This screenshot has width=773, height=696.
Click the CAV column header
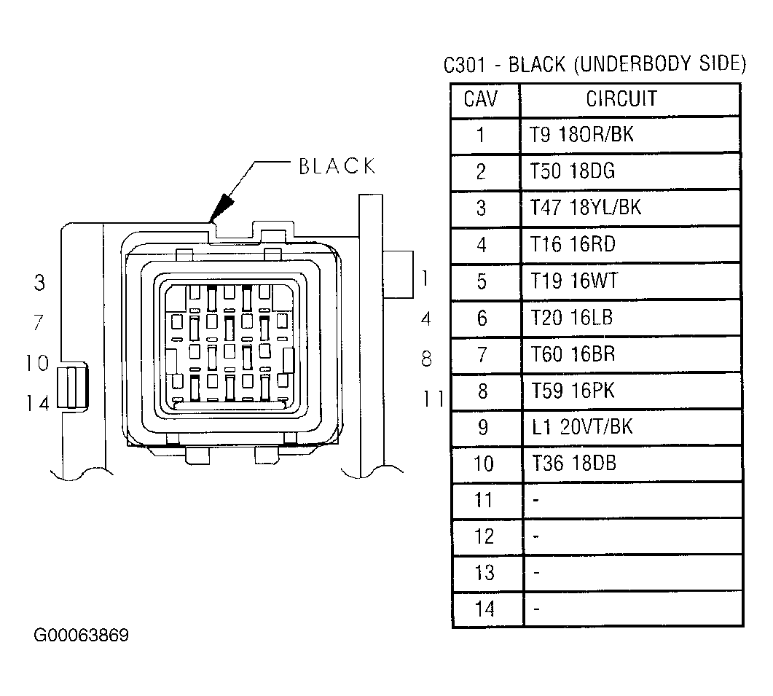(481, 98)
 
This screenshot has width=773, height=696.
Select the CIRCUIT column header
(621, 98)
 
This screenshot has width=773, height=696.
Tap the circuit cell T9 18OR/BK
(581, 135)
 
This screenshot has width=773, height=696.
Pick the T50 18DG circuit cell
(573, 171)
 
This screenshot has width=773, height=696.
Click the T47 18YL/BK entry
(586, 208)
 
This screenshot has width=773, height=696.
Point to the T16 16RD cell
(573, 244)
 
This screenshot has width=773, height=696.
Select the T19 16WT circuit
(574, 281)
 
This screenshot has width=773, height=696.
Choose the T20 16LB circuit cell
(572, 318)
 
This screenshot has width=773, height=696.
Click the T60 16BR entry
(573, 354)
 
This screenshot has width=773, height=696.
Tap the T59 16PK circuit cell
(573, 391)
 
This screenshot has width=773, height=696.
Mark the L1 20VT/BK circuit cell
(582, 427)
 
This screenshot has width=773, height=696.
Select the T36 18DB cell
(574, 464)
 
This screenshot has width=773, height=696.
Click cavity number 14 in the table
(484, 609)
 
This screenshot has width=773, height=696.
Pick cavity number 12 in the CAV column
(484, 536)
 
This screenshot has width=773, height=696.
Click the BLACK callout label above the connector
(337, 167)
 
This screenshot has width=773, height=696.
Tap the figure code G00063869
(82, 636)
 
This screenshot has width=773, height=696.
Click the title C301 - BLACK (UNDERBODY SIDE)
(595, 65)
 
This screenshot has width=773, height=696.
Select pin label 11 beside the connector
(433, 399)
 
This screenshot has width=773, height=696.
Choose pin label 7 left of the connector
(39, 323)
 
